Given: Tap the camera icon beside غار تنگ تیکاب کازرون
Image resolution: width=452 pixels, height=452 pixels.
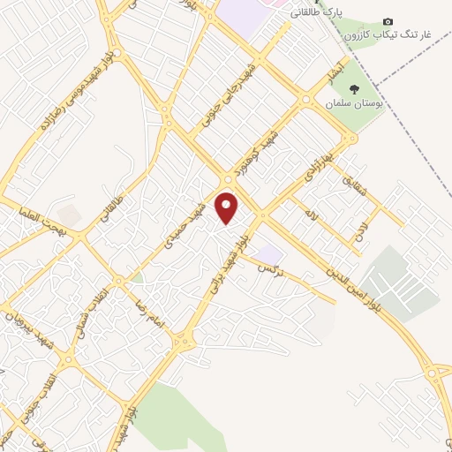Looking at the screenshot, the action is (388, 21).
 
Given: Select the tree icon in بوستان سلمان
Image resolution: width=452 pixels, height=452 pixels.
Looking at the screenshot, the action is (354, 88).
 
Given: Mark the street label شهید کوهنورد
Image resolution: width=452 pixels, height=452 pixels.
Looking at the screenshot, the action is (257, 146).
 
